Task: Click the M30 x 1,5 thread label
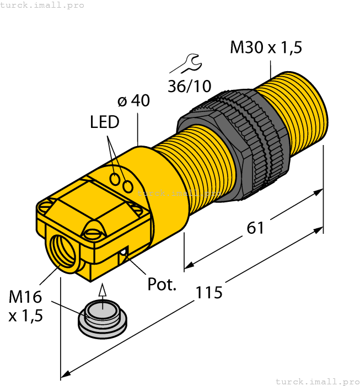pyautogui.click(x=266, y=47)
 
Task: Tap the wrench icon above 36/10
pyautogui.click(x=184, y=64)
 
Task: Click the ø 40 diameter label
pyautogui.click(x=133, y=101)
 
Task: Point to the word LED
pyautogui.click(x=105, y=122)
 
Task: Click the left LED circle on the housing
pyautogui.click(x=115, y=179)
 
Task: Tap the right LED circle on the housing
pyautogui.click(x=128, y=187)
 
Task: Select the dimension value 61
pyautogui.click(x=255, y=227)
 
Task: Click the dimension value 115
pyautogui.click(x=209, y=292)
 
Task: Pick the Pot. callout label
pyautogui.click(x=162, y=285)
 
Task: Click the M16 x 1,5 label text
pyautogui.click(x=25, y=306)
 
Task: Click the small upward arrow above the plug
pyautogui.click(x=101, y=291)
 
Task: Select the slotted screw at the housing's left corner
pyautogui.click(x=46, y=207)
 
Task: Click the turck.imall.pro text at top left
pyautogui.click(x=42, y=5)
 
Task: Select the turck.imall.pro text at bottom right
pyautogui.click(x=316, y=381)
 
